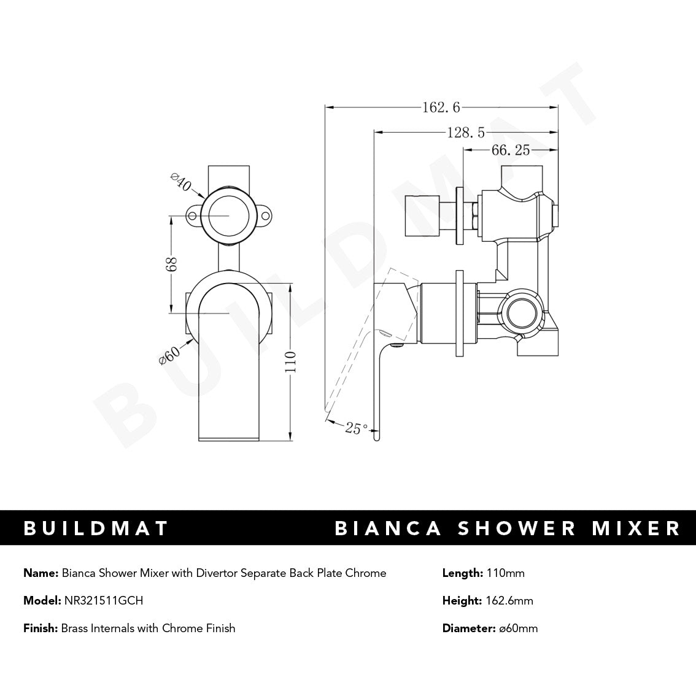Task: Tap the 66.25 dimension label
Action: point(510,150)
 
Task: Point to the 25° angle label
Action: point(357,428)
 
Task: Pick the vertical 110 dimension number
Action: point(290,362)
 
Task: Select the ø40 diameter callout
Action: point(181,184)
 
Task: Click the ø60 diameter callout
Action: point(169,355)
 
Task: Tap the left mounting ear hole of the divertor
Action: point(192,216)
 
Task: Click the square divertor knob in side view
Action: point(423,214)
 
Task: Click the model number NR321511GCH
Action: point(103,601)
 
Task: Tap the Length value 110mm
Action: point(505,573)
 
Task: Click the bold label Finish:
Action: point(41,628)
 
